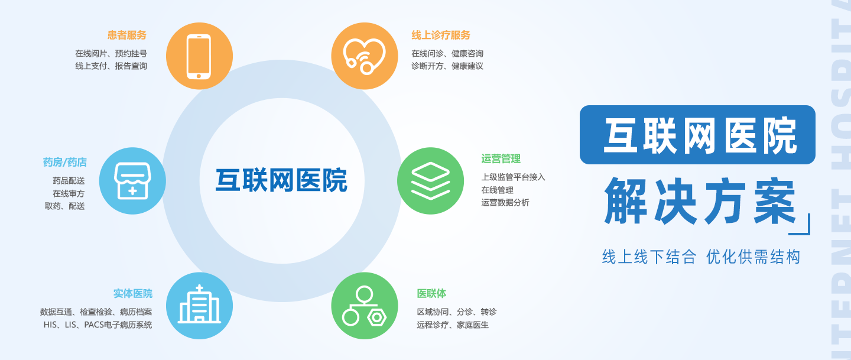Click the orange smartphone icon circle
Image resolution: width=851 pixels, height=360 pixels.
click(x=200, y=56)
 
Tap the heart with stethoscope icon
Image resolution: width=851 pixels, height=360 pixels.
click(x=365, y=56)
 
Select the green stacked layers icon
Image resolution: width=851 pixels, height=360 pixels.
click(x=430, y=180)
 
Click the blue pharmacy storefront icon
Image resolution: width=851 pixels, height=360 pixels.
click(x=132, y=180)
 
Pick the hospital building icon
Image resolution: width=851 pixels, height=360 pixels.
click(x=200, y=306)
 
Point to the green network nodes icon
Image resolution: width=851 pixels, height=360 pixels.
click(x=365, y=306)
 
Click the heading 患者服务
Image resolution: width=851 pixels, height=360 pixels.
click(x=127, y=35)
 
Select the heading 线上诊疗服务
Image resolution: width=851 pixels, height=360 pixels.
click(x=441, y=35)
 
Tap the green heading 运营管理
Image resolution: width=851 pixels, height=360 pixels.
click(x=501, y=159)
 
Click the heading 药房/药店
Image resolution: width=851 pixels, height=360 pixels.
click(x=65, y=163)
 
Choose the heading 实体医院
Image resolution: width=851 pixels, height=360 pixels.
click(x=133, y=293)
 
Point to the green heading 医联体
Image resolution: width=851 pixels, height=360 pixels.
click(x=431, y=293)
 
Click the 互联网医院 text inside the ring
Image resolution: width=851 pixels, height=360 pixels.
click(x=281, y=180)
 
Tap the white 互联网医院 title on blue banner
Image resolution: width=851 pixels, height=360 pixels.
click(x=700, y=135)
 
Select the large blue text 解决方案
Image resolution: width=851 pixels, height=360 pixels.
click(x=700, y=201)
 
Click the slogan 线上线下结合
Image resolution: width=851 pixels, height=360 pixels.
click(x=649, y=257)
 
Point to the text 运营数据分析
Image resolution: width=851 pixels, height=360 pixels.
click(x=505, y=202)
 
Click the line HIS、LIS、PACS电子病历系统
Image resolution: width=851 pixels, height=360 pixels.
click(x=98, y=325)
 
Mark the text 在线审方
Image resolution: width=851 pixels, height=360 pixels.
click(x=69, y=193)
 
